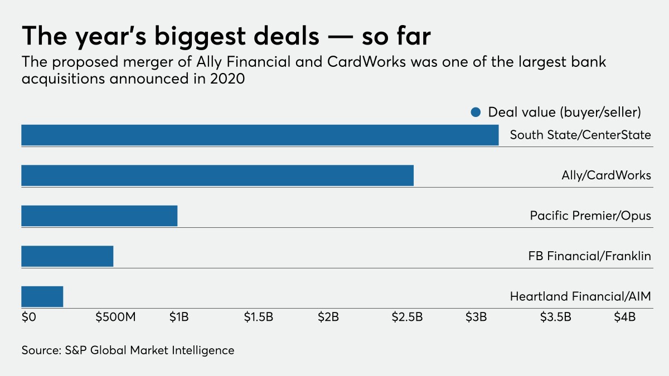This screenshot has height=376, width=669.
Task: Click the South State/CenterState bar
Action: point(260,135)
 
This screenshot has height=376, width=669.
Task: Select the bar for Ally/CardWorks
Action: point(217,175)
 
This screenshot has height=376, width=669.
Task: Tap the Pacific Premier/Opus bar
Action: point(99,216)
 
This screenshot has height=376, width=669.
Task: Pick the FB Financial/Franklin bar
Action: point(67,256)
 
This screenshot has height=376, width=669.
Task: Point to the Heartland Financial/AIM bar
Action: point(42,296)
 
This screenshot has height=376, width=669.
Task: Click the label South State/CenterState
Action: point(580,135)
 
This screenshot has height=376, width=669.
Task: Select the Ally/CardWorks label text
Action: point(606,175)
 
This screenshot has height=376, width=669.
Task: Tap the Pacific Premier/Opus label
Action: point(590,216)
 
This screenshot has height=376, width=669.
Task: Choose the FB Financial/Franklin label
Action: point(589,256)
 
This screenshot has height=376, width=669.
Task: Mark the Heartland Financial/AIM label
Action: point(580,296)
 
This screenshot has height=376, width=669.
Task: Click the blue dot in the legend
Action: point(476,113)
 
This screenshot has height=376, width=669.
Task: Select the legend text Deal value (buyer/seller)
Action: point(564,112)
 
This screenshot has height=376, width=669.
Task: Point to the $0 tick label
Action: point(28,318)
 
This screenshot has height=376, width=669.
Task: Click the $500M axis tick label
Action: point(115,318)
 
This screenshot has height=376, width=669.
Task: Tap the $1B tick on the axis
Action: point(179,318)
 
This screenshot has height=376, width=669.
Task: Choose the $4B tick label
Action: point(625,318)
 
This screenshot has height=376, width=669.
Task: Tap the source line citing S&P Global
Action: point(128,350)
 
